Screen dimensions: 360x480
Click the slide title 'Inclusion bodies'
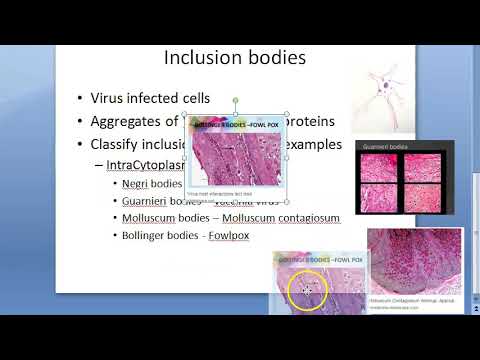coord(233,58)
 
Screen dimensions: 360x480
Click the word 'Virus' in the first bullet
coord(109,98)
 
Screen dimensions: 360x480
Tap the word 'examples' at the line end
coord(315,144)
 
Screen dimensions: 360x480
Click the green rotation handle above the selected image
coord(236,101)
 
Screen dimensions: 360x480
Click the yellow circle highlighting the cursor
coord(306,290)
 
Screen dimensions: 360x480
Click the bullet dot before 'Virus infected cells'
coord(80,98)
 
